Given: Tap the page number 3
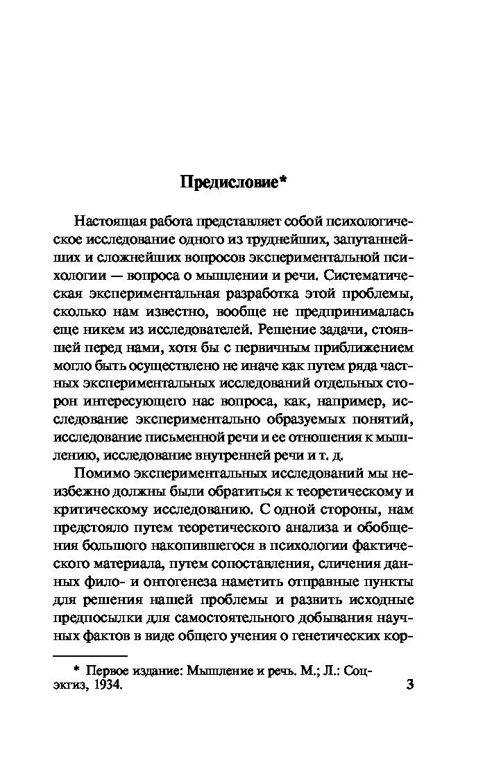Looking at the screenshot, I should point(409,685).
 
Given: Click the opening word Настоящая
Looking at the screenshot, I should point(110,221).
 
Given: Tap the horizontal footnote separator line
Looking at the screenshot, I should point(90,655).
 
